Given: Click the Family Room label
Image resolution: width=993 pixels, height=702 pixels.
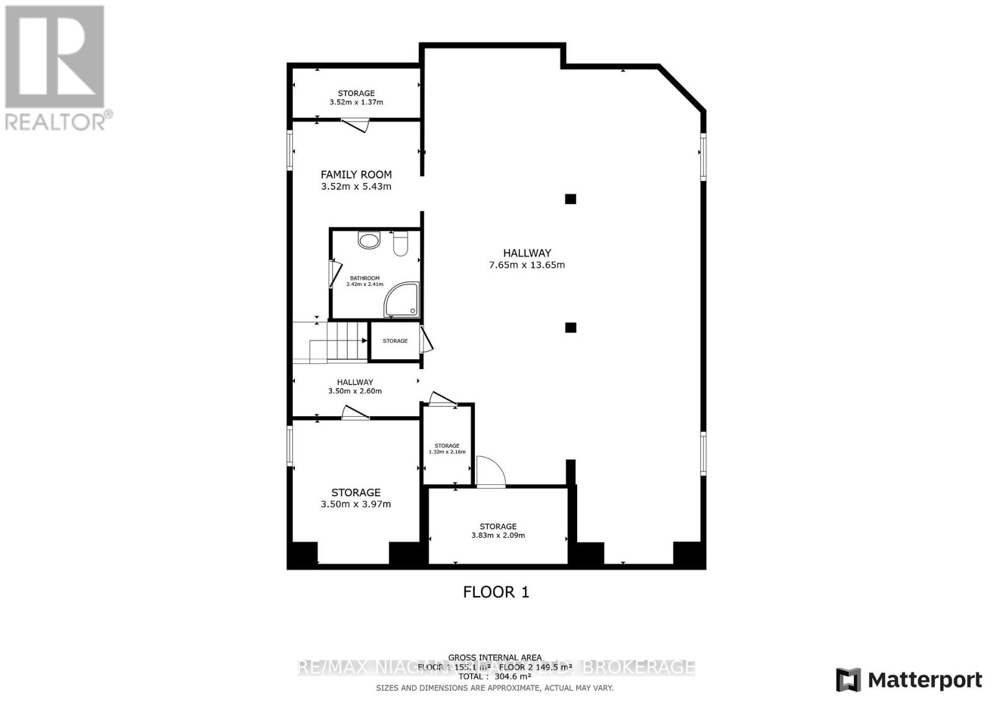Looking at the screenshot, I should click(356, 175).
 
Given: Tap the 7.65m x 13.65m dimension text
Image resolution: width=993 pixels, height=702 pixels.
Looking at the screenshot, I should click(527, 265).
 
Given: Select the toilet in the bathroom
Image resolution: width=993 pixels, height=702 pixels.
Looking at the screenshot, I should click(400, 244).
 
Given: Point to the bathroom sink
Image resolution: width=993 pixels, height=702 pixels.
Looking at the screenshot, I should click(369, 241).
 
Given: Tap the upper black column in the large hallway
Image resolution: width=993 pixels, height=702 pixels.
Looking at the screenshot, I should click(570, 199).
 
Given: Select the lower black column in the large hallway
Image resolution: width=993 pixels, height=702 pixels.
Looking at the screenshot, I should click(570, 327).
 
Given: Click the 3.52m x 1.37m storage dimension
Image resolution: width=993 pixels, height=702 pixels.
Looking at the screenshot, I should click(356, 102).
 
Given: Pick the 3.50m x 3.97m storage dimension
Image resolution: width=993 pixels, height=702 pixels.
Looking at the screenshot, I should click(356, 504).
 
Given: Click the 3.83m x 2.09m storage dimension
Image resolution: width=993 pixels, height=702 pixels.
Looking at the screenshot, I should click(498, 535).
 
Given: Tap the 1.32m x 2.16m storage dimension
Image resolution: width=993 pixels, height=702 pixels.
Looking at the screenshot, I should click(447, 452).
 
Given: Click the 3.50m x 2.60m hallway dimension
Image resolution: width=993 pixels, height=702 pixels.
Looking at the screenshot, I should click(355, 391).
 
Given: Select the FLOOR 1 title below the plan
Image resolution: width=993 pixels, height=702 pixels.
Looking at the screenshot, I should click(496, 592).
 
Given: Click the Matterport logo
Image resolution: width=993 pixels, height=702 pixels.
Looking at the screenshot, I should click(909, 680).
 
